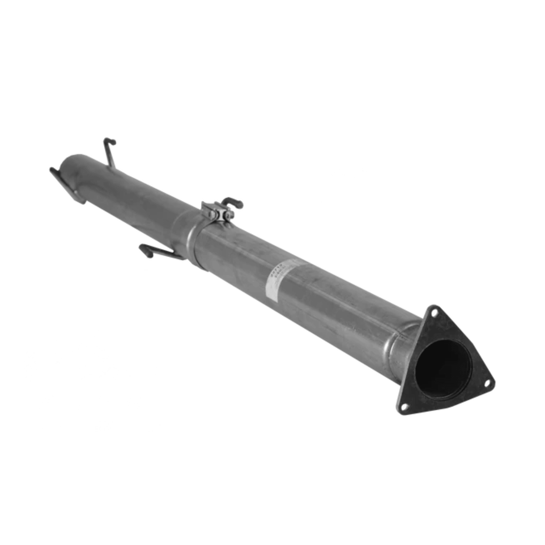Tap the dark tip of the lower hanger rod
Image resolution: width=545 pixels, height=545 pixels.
(145, 250)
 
